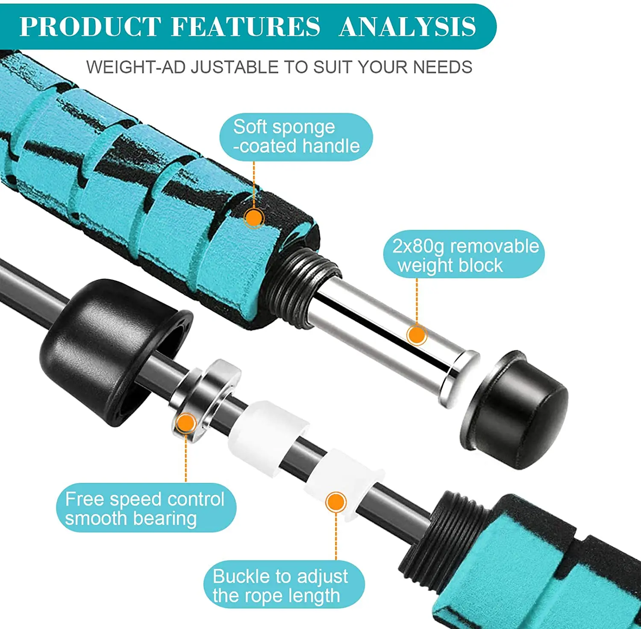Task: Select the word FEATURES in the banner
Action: (245, 26)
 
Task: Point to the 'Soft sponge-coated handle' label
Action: (296, 137)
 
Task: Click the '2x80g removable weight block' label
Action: (464, 255)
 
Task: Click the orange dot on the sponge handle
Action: (254, 218)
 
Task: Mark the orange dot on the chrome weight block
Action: (417, 335)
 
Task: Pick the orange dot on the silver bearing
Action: (186, 423)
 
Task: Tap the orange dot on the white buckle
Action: (336, 503)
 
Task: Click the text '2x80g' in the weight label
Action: (419, 246)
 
